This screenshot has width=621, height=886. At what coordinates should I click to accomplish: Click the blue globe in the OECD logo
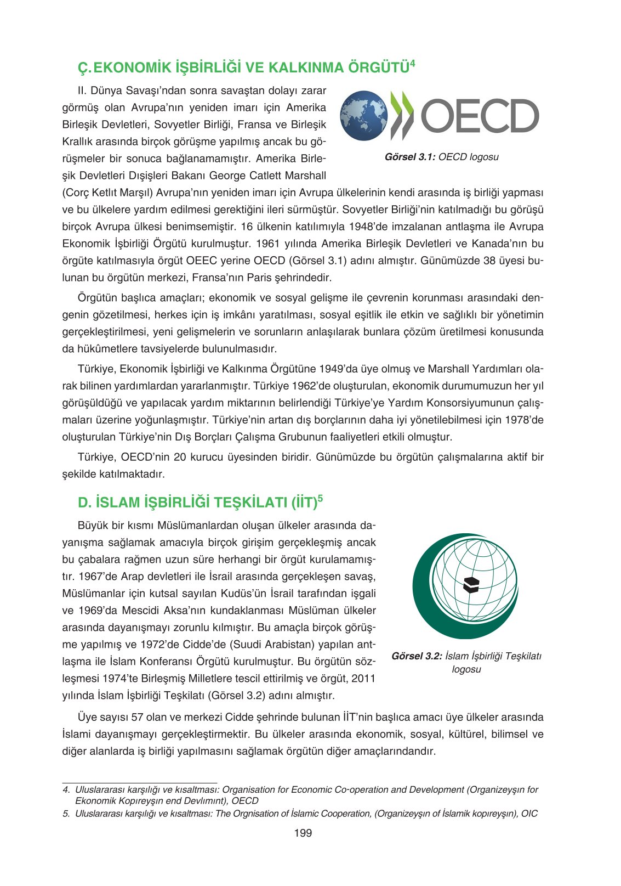coord(363,116)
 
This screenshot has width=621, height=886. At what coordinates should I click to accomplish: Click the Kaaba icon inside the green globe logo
coord(471,585)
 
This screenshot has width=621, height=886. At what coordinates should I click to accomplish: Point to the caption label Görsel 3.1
coord(410,157)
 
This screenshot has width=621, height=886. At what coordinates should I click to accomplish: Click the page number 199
coord(303,833)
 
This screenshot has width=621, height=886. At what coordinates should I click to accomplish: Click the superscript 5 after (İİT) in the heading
coord(320,499)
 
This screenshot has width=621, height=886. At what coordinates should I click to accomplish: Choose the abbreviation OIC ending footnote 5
coord(529,814)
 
